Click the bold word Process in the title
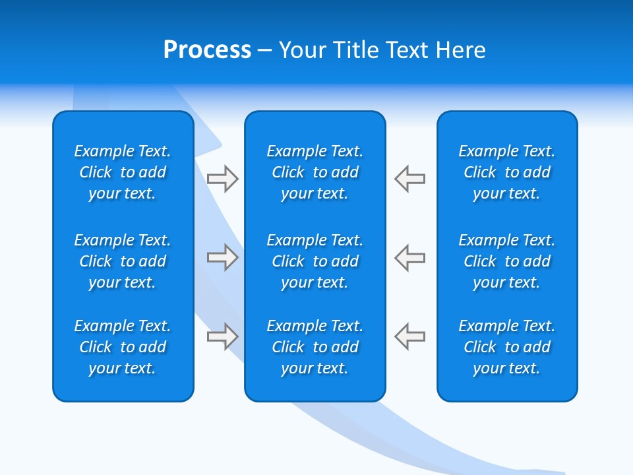tap(207, 50)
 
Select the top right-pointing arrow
tap(222, 179)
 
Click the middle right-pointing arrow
tap(222, 257)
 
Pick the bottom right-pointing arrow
tap(222, 336)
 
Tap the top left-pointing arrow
tap(410, 179)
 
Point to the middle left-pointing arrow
tap(410, 257)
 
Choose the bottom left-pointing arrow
tap(410, 336)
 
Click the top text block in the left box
tap(123, 172)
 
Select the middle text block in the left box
tap(123, 261)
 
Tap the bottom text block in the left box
tap(123, 347)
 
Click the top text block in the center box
tap(315, 172)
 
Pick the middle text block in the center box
tap(315, 261)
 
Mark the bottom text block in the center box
tap(315, 347)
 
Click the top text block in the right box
tap(507, 172)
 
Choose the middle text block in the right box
tap(507, 261)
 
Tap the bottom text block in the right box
tap(507, 347)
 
